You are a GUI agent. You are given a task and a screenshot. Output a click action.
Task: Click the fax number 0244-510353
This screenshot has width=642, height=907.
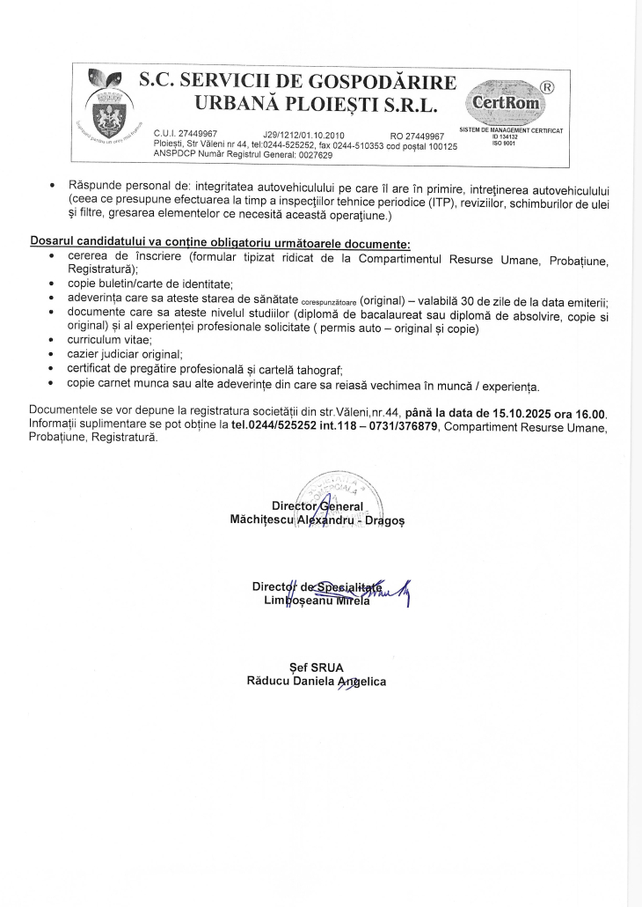coord(335,144)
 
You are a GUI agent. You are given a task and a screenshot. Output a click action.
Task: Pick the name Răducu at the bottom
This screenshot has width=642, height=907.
coord(272,680)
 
